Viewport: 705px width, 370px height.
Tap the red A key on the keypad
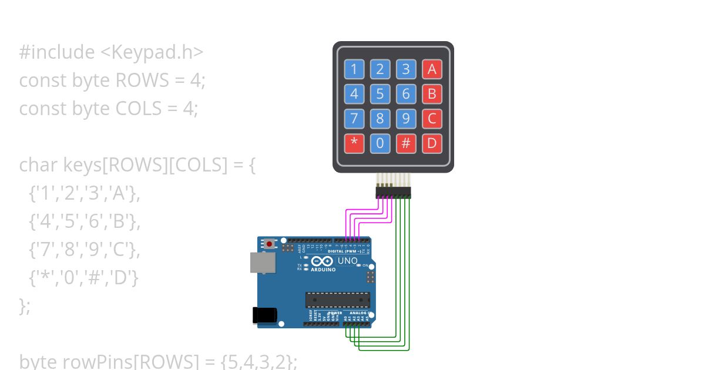[x=432, y=69]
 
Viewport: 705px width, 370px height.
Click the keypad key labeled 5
[x=380, y=94]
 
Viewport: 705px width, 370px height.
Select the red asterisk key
[x=354, y=143]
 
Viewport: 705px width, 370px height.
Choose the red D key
[x=432, y=143]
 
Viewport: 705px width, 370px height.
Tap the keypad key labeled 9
[x=406, y=119]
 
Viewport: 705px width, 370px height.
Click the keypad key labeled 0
[x=380, y=143]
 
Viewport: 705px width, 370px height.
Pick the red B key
[x=432, y=94]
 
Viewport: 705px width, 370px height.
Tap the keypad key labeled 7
[x=354, y=119]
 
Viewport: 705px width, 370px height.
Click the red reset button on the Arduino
[x=270, y=243]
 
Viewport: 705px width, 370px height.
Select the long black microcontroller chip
[x=337, y=300]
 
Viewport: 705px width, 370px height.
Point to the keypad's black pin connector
[x=393, y=192]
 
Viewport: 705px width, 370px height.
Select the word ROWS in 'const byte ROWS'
[x=141, y=80]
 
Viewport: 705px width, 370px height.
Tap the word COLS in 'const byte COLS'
[x=141, y=109]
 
